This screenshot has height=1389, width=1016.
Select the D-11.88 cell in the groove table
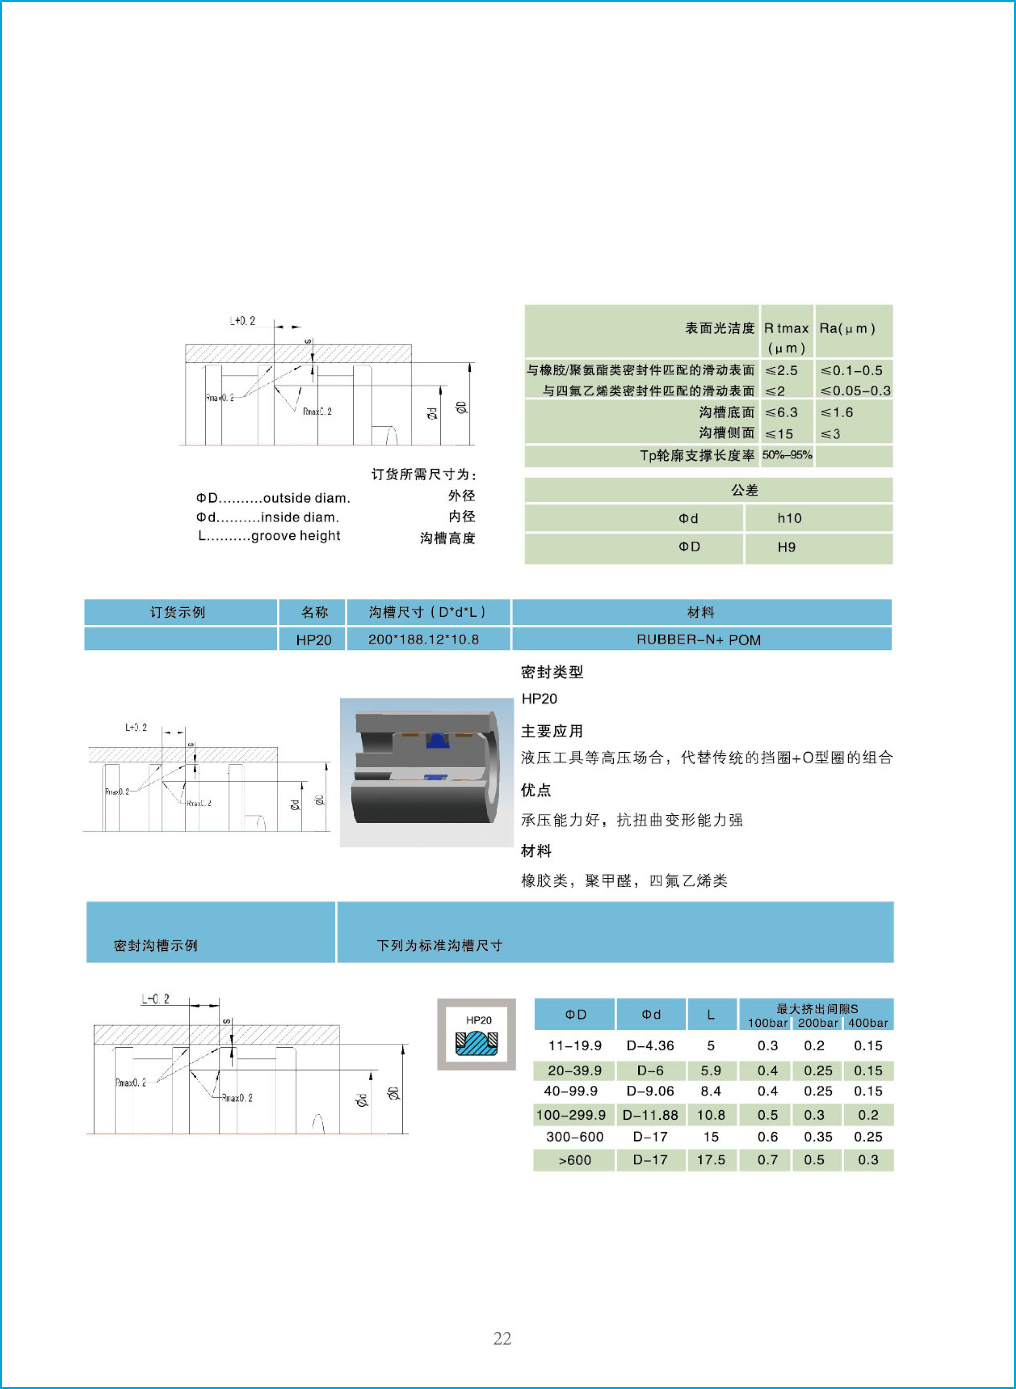(650, 1115)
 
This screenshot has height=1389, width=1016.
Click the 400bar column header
(868, 1023)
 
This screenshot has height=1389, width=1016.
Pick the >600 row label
(574, 1160)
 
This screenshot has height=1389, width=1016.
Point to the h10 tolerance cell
(789, 518)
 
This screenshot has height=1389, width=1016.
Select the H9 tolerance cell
(786, 547)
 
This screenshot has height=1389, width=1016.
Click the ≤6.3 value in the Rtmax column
(782, 412)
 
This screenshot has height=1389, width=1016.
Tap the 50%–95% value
(787, 455)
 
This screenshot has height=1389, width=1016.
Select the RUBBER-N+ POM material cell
(699, 639)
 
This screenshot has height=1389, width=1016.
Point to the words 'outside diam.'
(306, 498)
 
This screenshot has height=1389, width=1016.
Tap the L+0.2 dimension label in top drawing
(242, 321)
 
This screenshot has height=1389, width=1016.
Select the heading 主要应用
(552, 731)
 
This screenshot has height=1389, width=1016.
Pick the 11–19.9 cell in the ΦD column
(574, 1046)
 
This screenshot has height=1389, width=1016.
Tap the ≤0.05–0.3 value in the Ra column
(855, 391)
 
